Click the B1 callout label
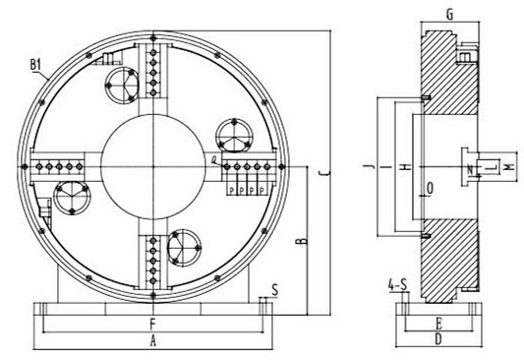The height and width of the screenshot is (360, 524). tap(37, 66)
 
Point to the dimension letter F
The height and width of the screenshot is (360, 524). tap(151, 322)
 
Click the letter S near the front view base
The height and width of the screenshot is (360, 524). tap(274, 290)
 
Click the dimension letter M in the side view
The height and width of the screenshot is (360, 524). tap(507, 169)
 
